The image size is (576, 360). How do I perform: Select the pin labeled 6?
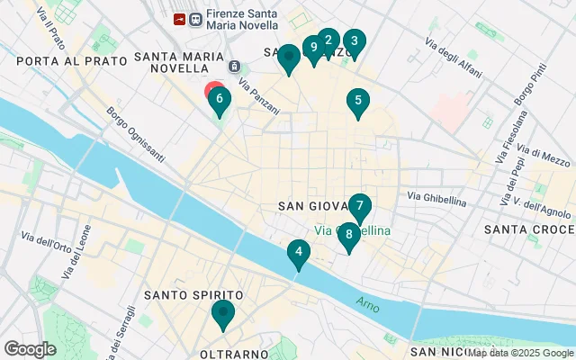[219, 99]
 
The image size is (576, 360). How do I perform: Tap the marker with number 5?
[358, 103]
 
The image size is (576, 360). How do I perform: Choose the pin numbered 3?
[354, 41]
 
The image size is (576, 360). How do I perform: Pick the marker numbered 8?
[348, 235]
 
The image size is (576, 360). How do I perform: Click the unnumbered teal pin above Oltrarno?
[221, 314]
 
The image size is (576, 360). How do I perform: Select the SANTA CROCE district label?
[526, 229]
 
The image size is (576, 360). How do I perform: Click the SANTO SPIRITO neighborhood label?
[193, 295]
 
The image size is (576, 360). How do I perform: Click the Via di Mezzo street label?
[545, 157]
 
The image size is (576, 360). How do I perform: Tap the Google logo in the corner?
[30, 348]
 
